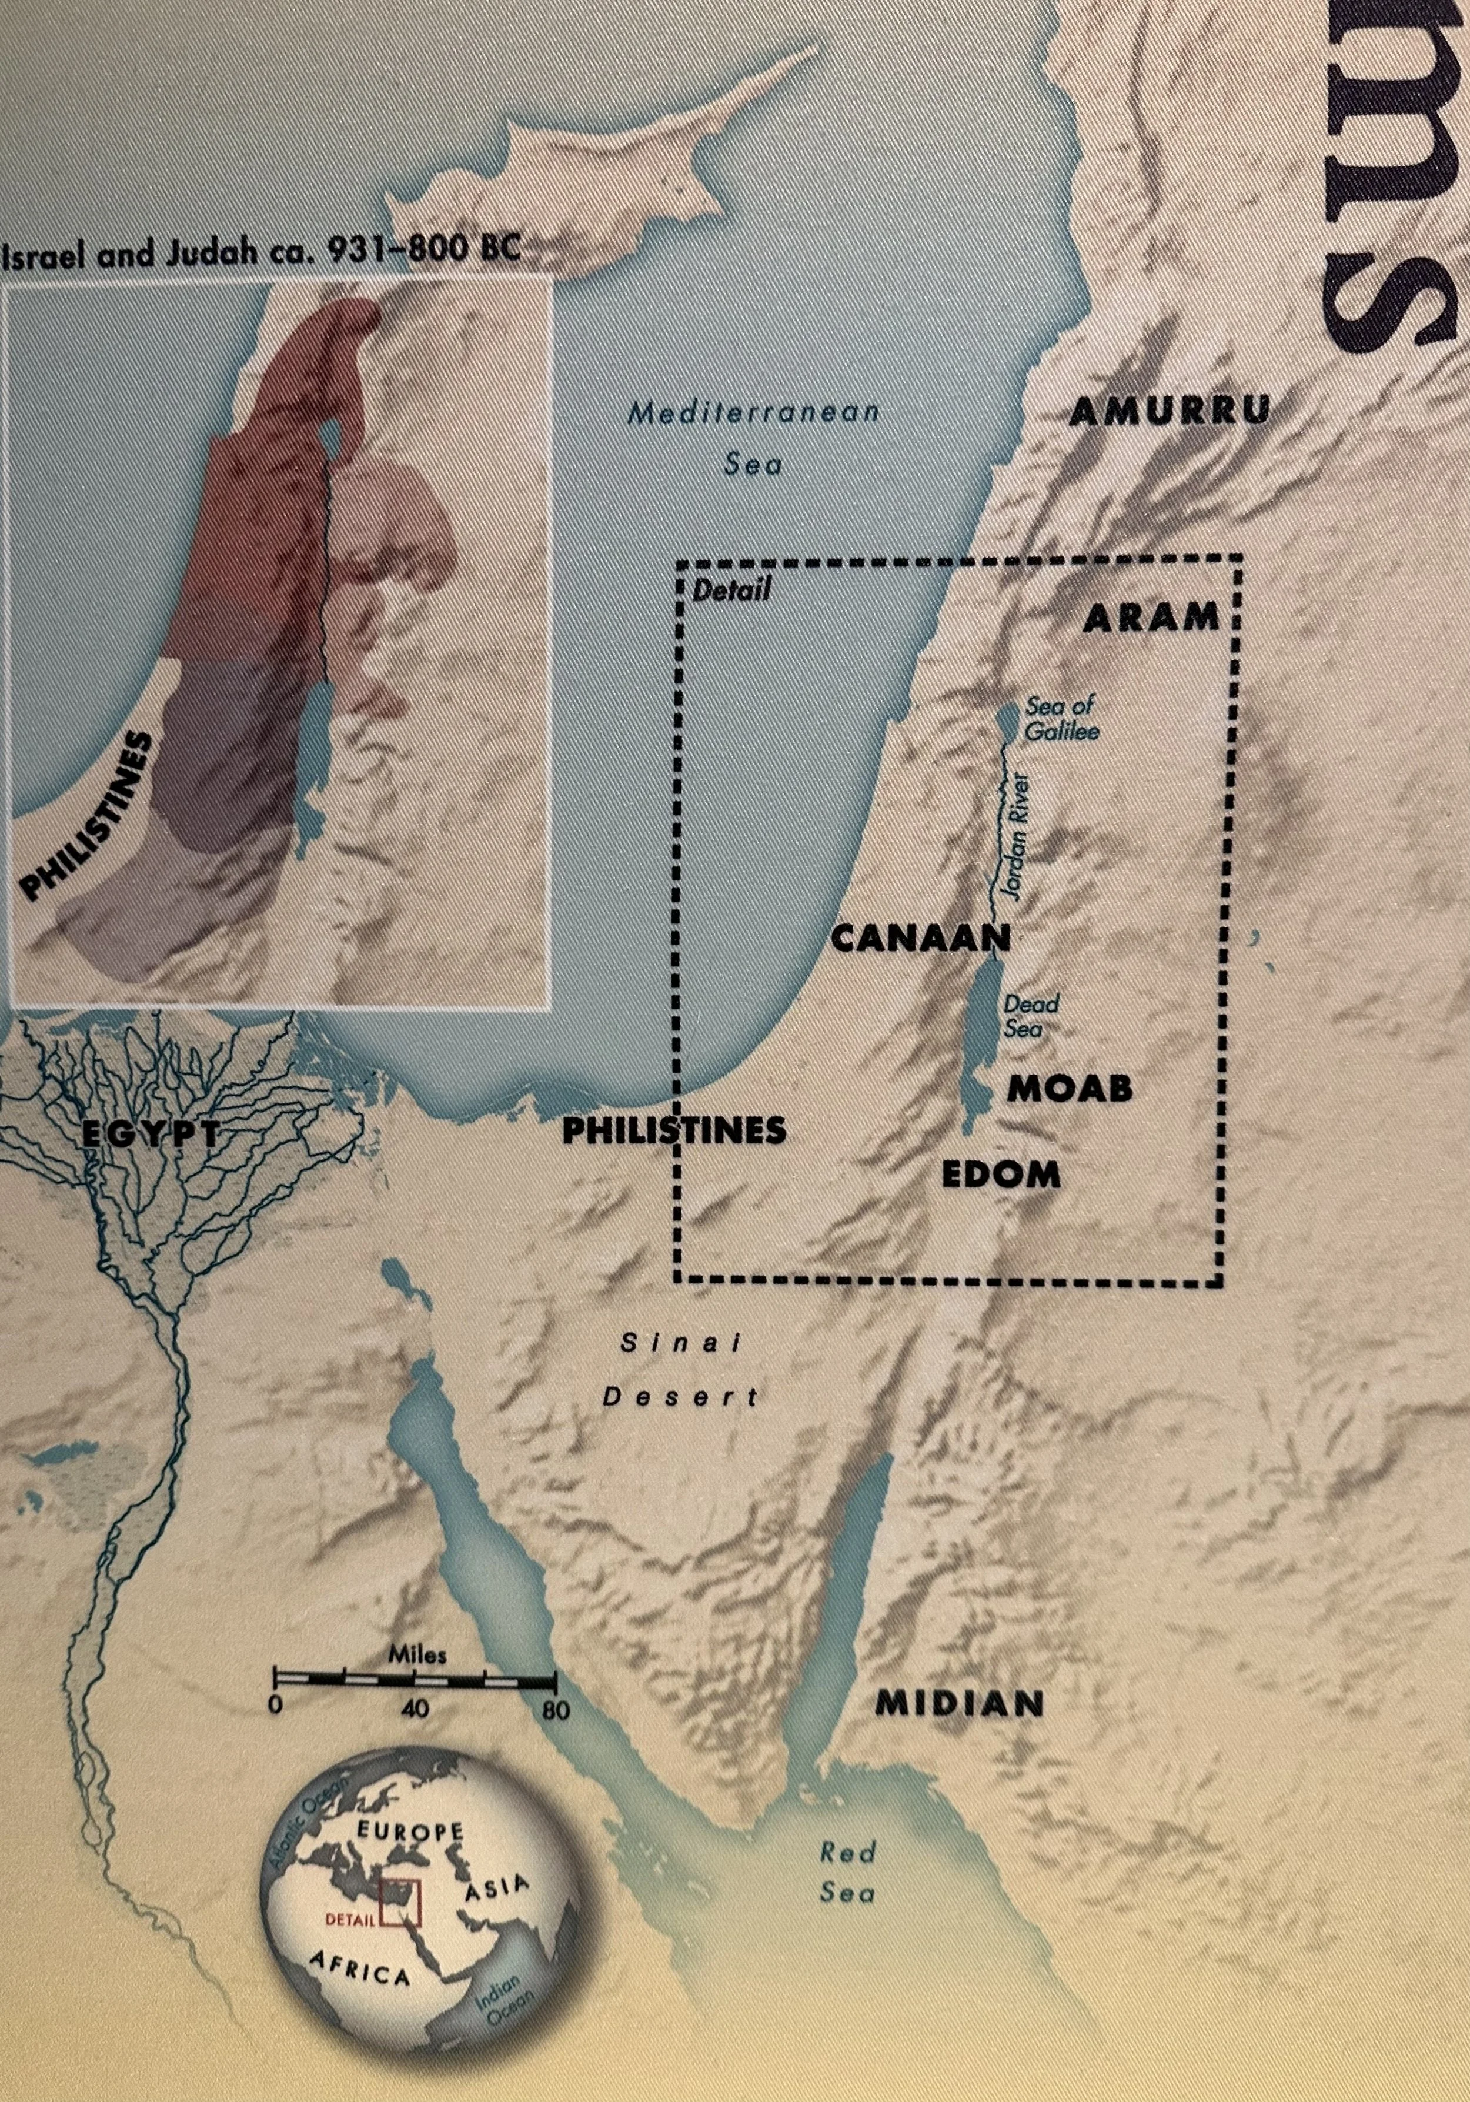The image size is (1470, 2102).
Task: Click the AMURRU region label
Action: point(1169,412)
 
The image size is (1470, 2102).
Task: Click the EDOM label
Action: point(1001,1175)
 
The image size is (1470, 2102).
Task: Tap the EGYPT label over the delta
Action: point(151,1135)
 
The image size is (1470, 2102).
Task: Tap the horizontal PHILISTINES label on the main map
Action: point(674,1130)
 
